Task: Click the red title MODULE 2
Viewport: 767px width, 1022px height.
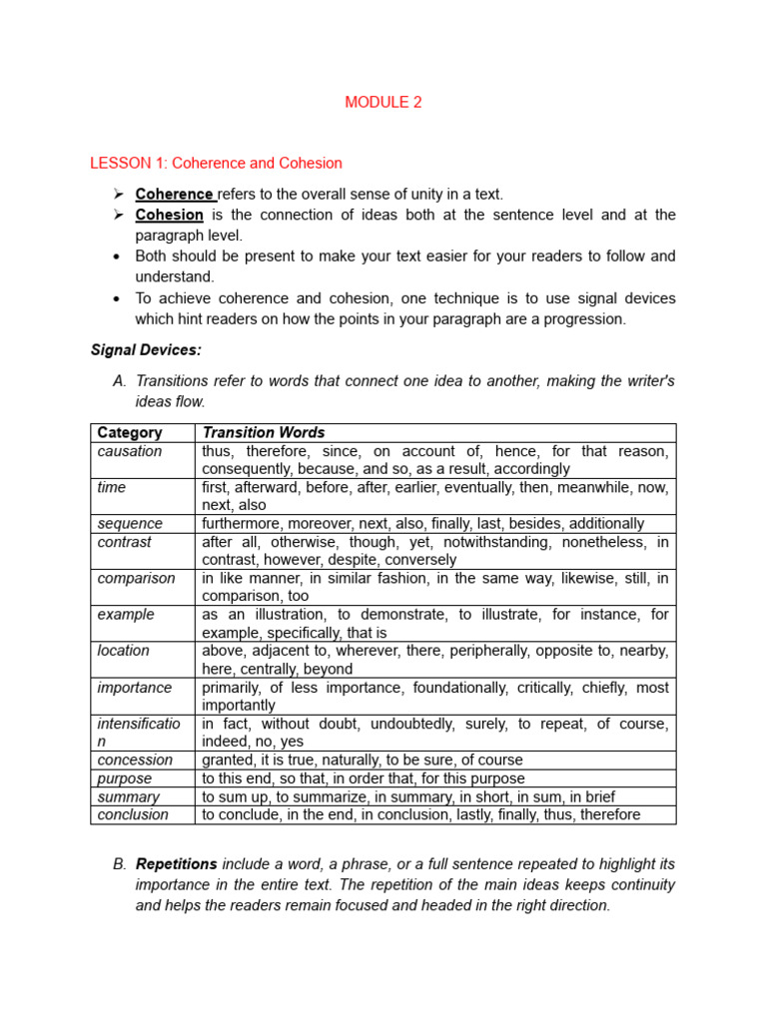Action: click(x=383, y=102)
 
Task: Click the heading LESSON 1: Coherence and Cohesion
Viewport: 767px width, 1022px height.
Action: click(x=216, y=163)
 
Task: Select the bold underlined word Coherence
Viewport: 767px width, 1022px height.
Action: click(x=174, y=194)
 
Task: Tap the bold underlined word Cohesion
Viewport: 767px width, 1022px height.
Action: click(x=169, y=215)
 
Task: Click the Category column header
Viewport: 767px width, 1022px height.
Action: click(x=130, y=432)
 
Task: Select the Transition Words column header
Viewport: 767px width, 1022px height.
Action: click(x=264, y=432)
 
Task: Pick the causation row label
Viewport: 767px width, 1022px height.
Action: click(x=130, y=451)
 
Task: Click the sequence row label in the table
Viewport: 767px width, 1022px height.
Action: click(x=130, y=523)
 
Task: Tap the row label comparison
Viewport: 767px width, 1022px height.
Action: click(x=136, y=578)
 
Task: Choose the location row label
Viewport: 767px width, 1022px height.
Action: click(x=124, y=651)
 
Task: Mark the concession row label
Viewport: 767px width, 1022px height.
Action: click(x=135, y=760)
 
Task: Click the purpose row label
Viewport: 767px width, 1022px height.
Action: click(x=125, y=778)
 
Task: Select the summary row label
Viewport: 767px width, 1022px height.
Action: click(x=128, y=796)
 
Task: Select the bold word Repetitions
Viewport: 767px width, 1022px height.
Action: click(x=176, y=863)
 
